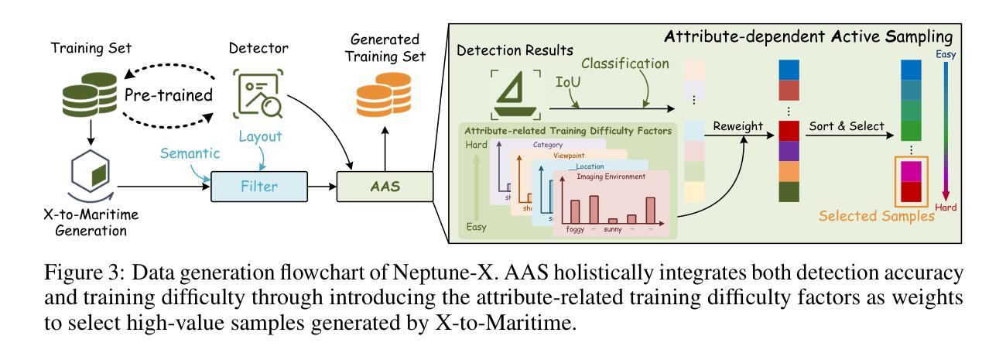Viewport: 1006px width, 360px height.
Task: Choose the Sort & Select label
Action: point(847,126)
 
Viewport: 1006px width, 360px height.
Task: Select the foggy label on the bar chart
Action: point(577,229)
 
